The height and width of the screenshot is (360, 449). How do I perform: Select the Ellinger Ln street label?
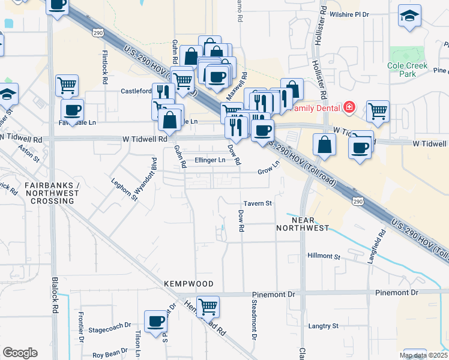coord(210,160)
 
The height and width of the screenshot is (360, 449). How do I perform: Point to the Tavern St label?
coord(258,203)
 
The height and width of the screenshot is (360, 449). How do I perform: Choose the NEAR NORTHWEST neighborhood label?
coord(303,224)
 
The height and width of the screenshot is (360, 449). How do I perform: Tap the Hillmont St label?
coord(324,256)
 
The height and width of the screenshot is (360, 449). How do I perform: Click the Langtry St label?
coord(324,326)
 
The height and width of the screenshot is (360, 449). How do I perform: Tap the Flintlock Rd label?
coord(104,66)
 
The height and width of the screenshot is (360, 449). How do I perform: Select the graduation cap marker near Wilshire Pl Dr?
coord(409,17)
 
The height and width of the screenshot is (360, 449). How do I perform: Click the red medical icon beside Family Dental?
coord(348,109)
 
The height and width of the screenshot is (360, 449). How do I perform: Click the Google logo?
coord(20,352)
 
